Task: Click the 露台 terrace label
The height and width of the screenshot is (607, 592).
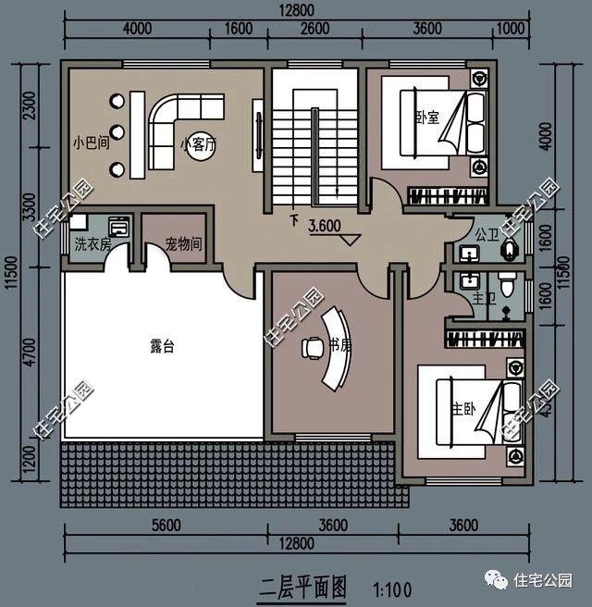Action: [162, 347]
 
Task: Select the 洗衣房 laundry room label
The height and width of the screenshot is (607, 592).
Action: [92, 245]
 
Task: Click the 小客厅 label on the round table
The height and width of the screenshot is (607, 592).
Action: [198, 144]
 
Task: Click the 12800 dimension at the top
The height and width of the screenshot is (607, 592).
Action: [296, 9]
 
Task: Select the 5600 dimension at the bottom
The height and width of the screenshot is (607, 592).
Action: [162, 526]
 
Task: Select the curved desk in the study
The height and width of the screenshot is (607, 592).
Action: [339, 347]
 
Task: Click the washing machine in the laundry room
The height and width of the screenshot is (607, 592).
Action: [119, 227]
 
